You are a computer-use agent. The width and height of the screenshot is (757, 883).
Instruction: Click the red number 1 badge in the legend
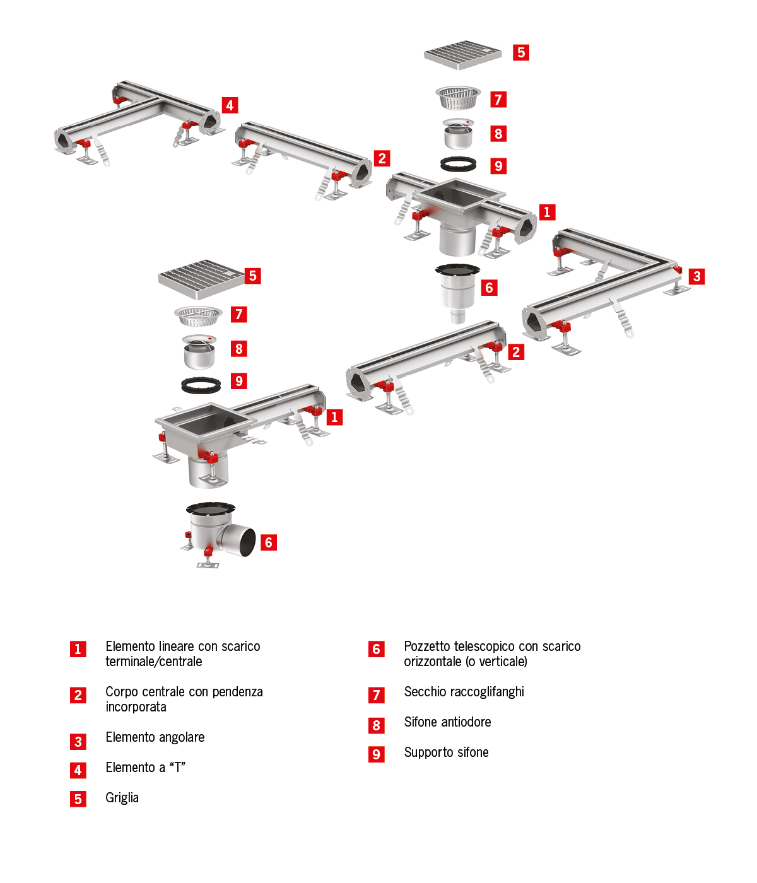click(78, 649)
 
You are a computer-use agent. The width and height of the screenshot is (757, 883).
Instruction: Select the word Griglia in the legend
click(122, 798)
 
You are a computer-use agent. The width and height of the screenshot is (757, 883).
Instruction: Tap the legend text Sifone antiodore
click(447, 722)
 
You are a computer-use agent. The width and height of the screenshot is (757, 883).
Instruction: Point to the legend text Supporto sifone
click(446, 752)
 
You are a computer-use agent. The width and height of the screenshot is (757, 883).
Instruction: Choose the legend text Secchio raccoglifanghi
click(464, 692)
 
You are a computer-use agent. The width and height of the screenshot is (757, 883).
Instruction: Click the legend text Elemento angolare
click(155, 737)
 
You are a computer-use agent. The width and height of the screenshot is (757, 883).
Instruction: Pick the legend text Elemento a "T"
click(145, 768)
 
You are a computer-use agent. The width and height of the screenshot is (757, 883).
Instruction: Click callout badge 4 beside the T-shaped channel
click(230, 105)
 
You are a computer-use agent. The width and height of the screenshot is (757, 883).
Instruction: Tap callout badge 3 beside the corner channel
click(696, 276)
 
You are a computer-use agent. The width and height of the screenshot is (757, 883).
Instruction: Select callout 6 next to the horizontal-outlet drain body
click(269, 542)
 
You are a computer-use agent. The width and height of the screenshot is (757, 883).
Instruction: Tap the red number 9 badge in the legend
click(376, 754)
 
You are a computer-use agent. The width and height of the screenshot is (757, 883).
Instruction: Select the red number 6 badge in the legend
click(376, 649)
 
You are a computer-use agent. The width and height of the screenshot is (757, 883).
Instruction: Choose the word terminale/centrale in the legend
click(153, 662)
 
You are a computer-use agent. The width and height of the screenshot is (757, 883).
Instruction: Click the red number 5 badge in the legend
click(78, 799)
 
